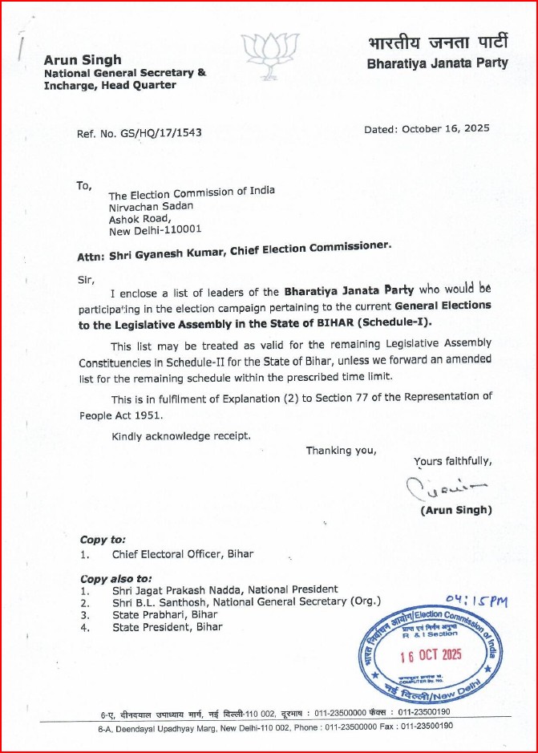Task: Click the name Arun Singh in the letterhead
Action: pos(83,60)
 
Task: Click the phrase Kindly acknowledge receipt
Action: pos(181,435)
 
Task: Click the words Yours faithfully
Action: pos(452,461)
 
